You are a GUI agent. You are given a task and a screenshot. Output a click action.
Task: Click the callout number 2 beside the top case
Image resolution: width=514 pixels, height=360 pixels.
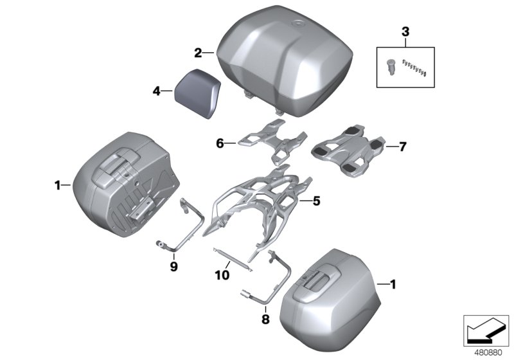coord(199,51)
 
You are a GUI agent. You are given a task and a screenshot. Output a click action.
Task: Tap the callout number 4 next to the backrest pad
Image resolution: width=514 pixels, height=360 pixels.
coord(156,92)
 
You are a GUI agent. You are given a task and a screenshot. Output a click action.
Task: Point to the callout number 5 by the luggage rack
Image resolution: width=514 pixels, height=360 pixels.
coord(316,201)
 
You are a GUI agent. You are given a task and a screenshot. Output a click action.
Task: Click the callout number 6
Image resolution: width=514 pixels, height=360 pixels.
coord(220,145)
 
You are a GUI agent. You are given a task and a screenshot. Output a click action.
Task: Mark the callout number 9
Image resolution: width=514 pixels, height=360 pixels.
coord(174,264)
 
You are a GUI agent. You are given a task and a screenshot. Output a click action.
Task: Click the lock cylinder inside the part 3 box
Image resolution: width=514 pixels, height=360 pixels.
coord(391,65)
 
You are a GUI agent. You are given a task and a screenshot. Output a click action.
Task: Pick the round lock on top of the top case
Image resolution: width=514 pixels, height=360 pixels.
coord(299,26)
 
